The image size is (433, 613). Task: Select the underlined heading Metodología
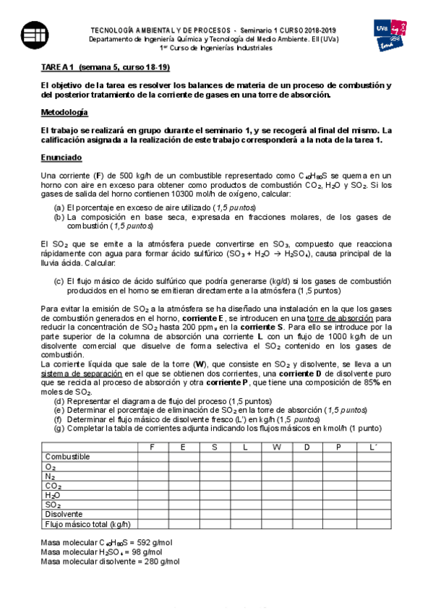pyautogui.click(x=64, y=113)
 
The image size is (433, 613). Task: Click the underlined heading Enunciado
pyautogui.click(x=61, y=157)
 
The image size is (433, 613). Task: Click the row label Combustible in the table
pyautogui.click(x=67, y=457)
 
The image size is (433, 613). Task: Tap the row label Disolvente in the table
pyautogui.click(x=64, y=514)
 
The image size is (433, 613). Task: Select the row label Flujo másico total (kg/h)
pyautogui.click(x=87, y=524)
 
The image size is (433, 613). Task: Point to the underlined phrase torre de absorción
pyautogui.click(x=337, y=318)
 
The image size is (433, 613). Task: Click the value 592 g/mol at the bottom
pyautogui.click(x=150, y=541)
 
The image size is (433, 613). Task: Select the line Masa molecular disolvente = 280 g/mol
pyautogui.click(x=111, y=561)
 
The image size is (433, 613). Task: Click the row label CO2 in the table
pyautogui.click(x=53, y=486)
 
